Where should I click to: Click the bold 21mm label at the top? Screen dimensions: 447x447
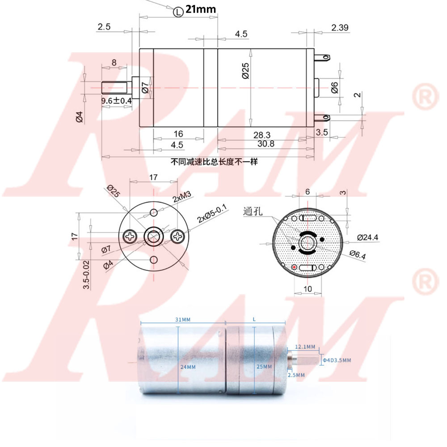(x=201, y=9)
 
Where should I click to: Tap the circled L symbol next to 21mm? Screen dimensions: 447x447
(x=178, y=11)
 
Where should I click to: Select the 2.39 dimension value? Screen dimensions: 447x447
(x=340, y=28)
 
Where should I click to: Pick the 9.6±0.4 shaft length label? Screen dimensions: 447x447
(x=117, y=101)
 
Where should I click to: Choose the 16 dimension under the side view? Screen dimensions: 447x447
(x=178, y=134)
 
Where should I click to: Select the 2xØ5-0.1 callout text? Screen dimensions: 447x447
(x=212, y=214)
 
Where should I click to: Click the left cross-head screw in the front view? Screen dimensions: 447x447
(x=131, y=236)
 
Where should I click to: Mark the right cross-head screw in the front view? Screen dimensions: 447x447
(x=177, y=236)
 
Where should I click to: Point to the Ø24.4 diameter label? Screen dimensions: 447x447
(x=367, y=237)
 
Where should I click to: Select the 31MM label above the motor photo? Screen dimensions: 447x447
(x=182, y=319)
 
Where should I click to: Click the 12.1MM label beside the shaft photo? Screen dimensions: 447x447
(x=305, y=347)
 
